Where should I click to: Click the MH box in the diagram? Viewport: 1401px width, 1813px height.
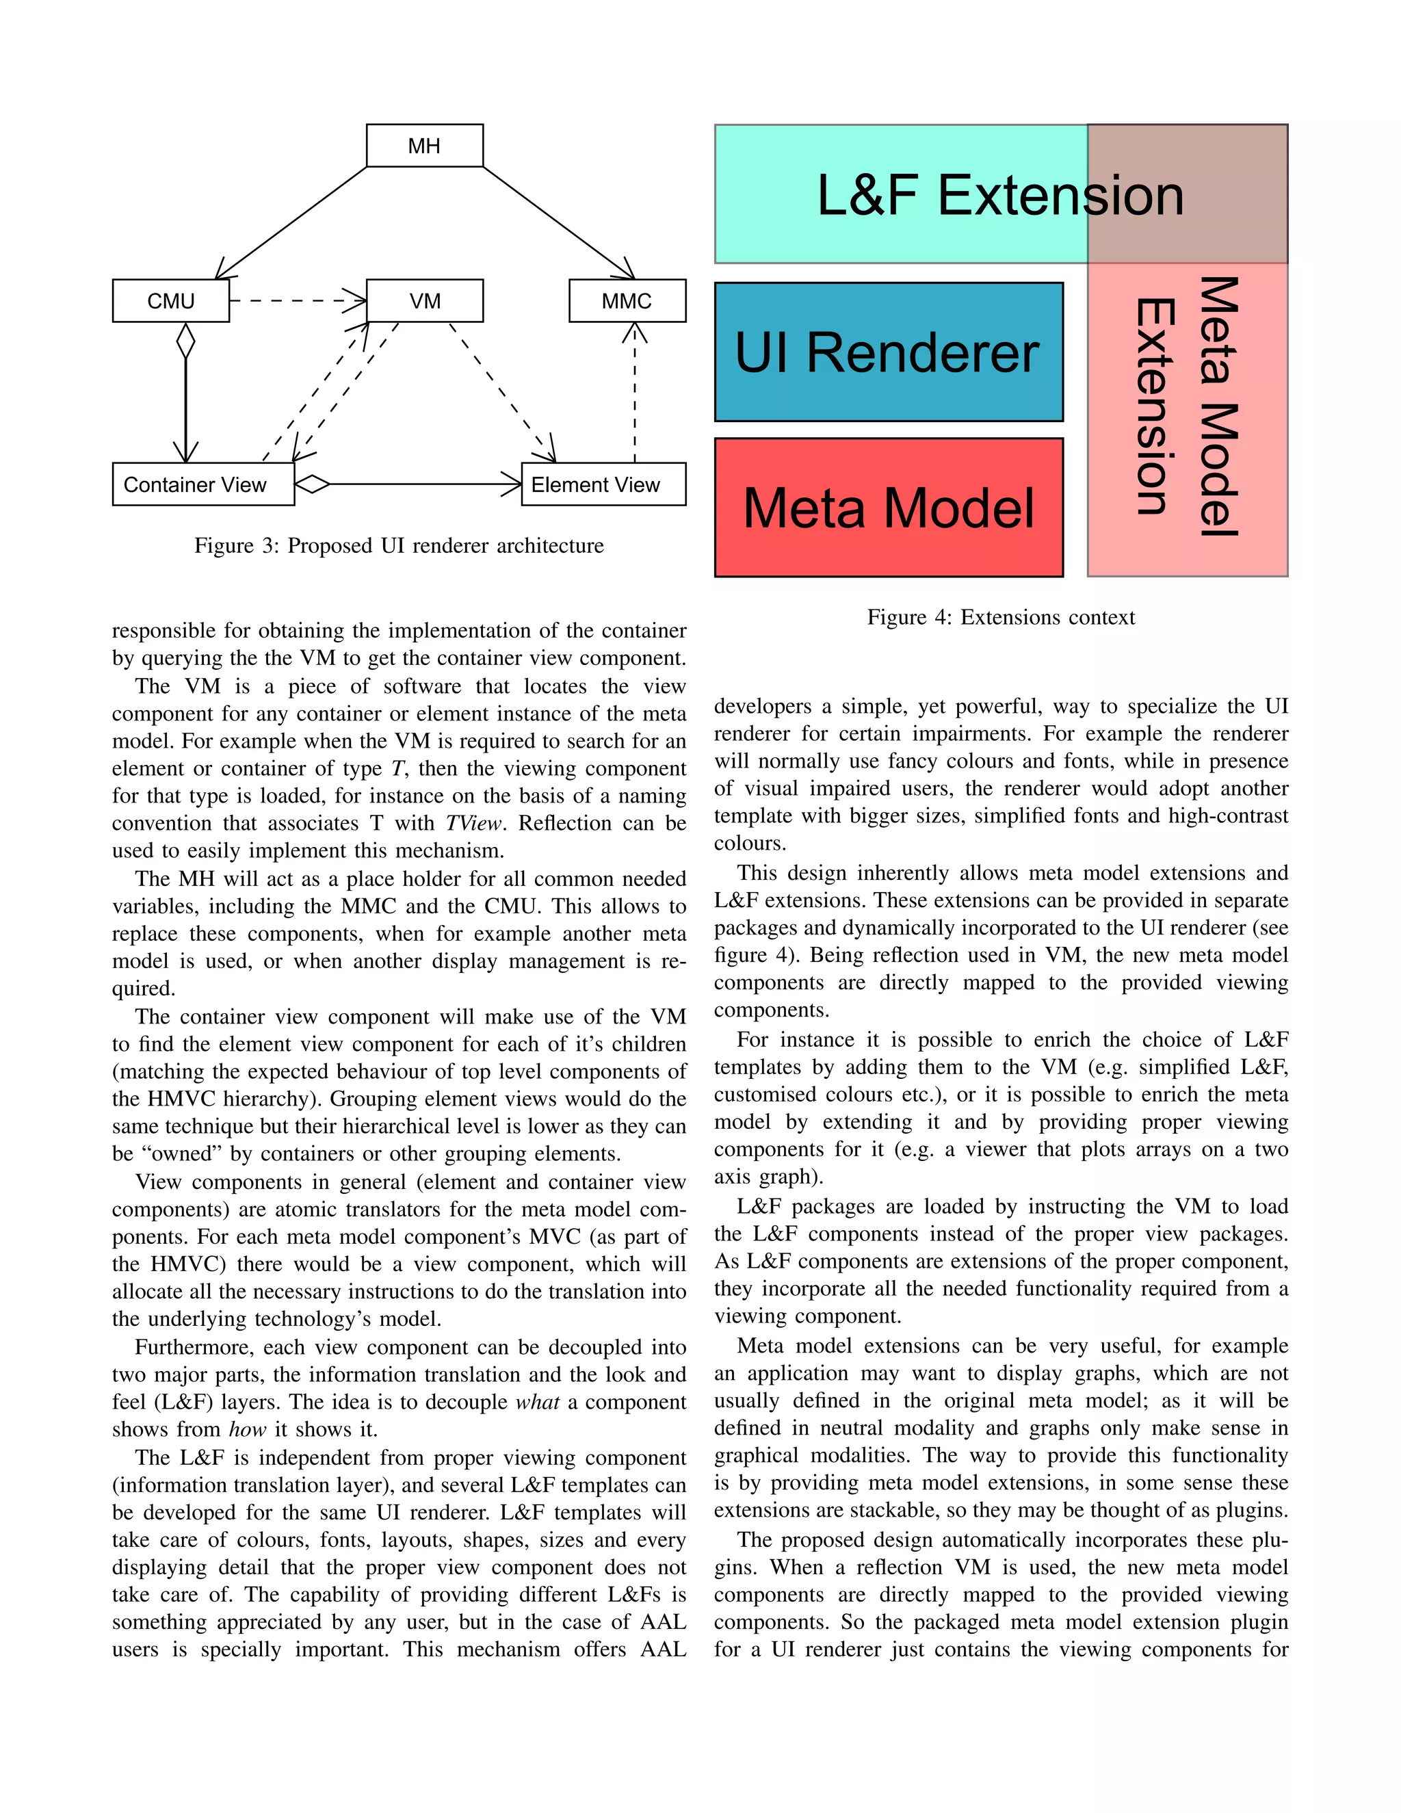[x=424, y=146]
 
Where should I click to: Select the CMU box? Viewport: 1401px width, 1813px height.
[x=170, y=300]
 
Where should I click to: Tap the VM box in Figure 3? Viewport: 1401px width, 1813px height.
[x=424, y=300]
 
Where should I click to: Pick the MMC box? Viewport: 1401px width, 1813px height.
[x=627, y=300]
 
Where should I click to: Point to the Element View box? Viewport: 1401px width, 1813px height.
[x=603, y=484]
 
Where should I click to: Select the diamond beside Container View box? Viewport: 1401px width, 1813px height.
[x=312, y=484]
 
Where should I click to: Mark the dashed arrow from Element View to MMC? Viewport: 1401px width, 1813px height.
[x=635, y=390]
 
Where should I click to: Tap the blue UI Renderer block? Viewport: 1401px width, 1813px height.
[x=888, y=352]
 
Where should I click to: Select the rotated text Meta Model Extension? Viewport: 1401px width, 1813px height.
[x=1187, y=407]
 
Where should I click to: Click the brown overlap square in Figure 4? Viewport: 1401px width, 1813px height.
[x=1187, y=194]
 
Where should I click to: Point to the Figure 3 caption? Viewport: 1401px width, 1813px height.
[x=398, y=545]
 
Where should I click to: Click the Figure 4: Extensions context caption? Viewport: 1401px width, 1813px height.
[x=1000, y=617]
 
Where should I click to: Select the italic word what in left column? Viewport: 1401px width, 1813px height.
[x=537, y=1402]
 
